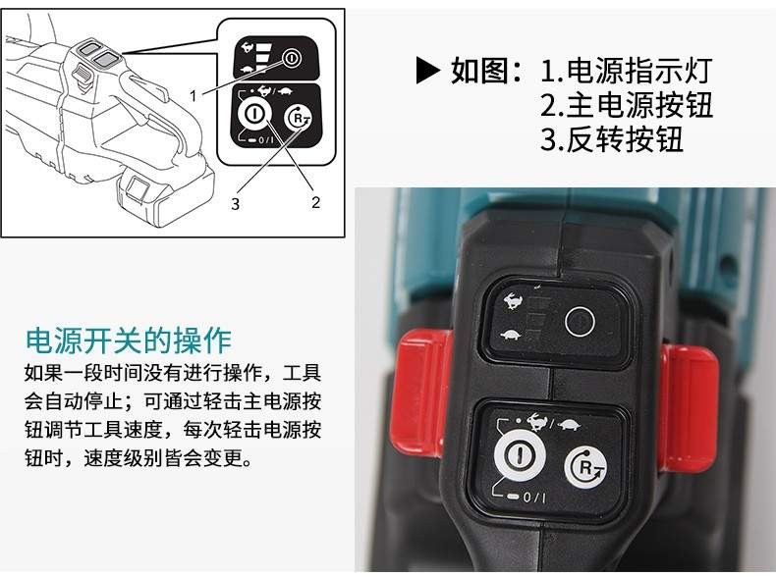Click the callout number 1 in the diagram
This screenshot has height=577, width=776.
(194, 95)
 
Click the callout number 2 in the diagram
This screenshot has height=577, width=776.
(315, 202)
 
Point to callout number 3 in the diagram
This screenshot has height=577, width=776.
(235, 203)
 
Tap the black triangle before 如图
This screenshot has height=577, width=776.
(427, 71)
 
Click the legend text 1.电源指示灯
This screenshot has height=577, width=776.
(626, 71)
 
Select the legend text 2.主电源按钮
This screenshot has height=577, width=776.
(626, 105)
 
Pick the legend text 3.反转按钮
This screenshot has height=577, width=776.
(612, 139)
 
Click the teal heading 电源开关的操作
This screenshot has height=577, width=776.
(129, 341)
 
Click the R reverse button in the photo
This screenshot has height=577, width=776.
(586, 467)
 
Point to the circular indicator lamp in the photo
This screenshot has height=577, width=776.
(580, 322)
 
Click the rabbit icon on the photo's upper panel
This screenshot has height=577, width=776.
(514, 300)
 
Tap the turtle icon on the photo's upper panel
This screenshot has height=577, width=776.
(511, 336)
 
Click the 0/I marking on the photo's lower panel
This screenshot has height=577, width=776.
(534, 497)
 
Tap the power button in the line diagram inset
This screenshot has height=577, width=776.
(254, 113)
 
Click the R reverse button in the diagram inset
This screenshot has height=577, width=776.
(298, 119)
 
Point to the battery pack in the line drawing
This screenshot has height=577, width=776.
(165, 193)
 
